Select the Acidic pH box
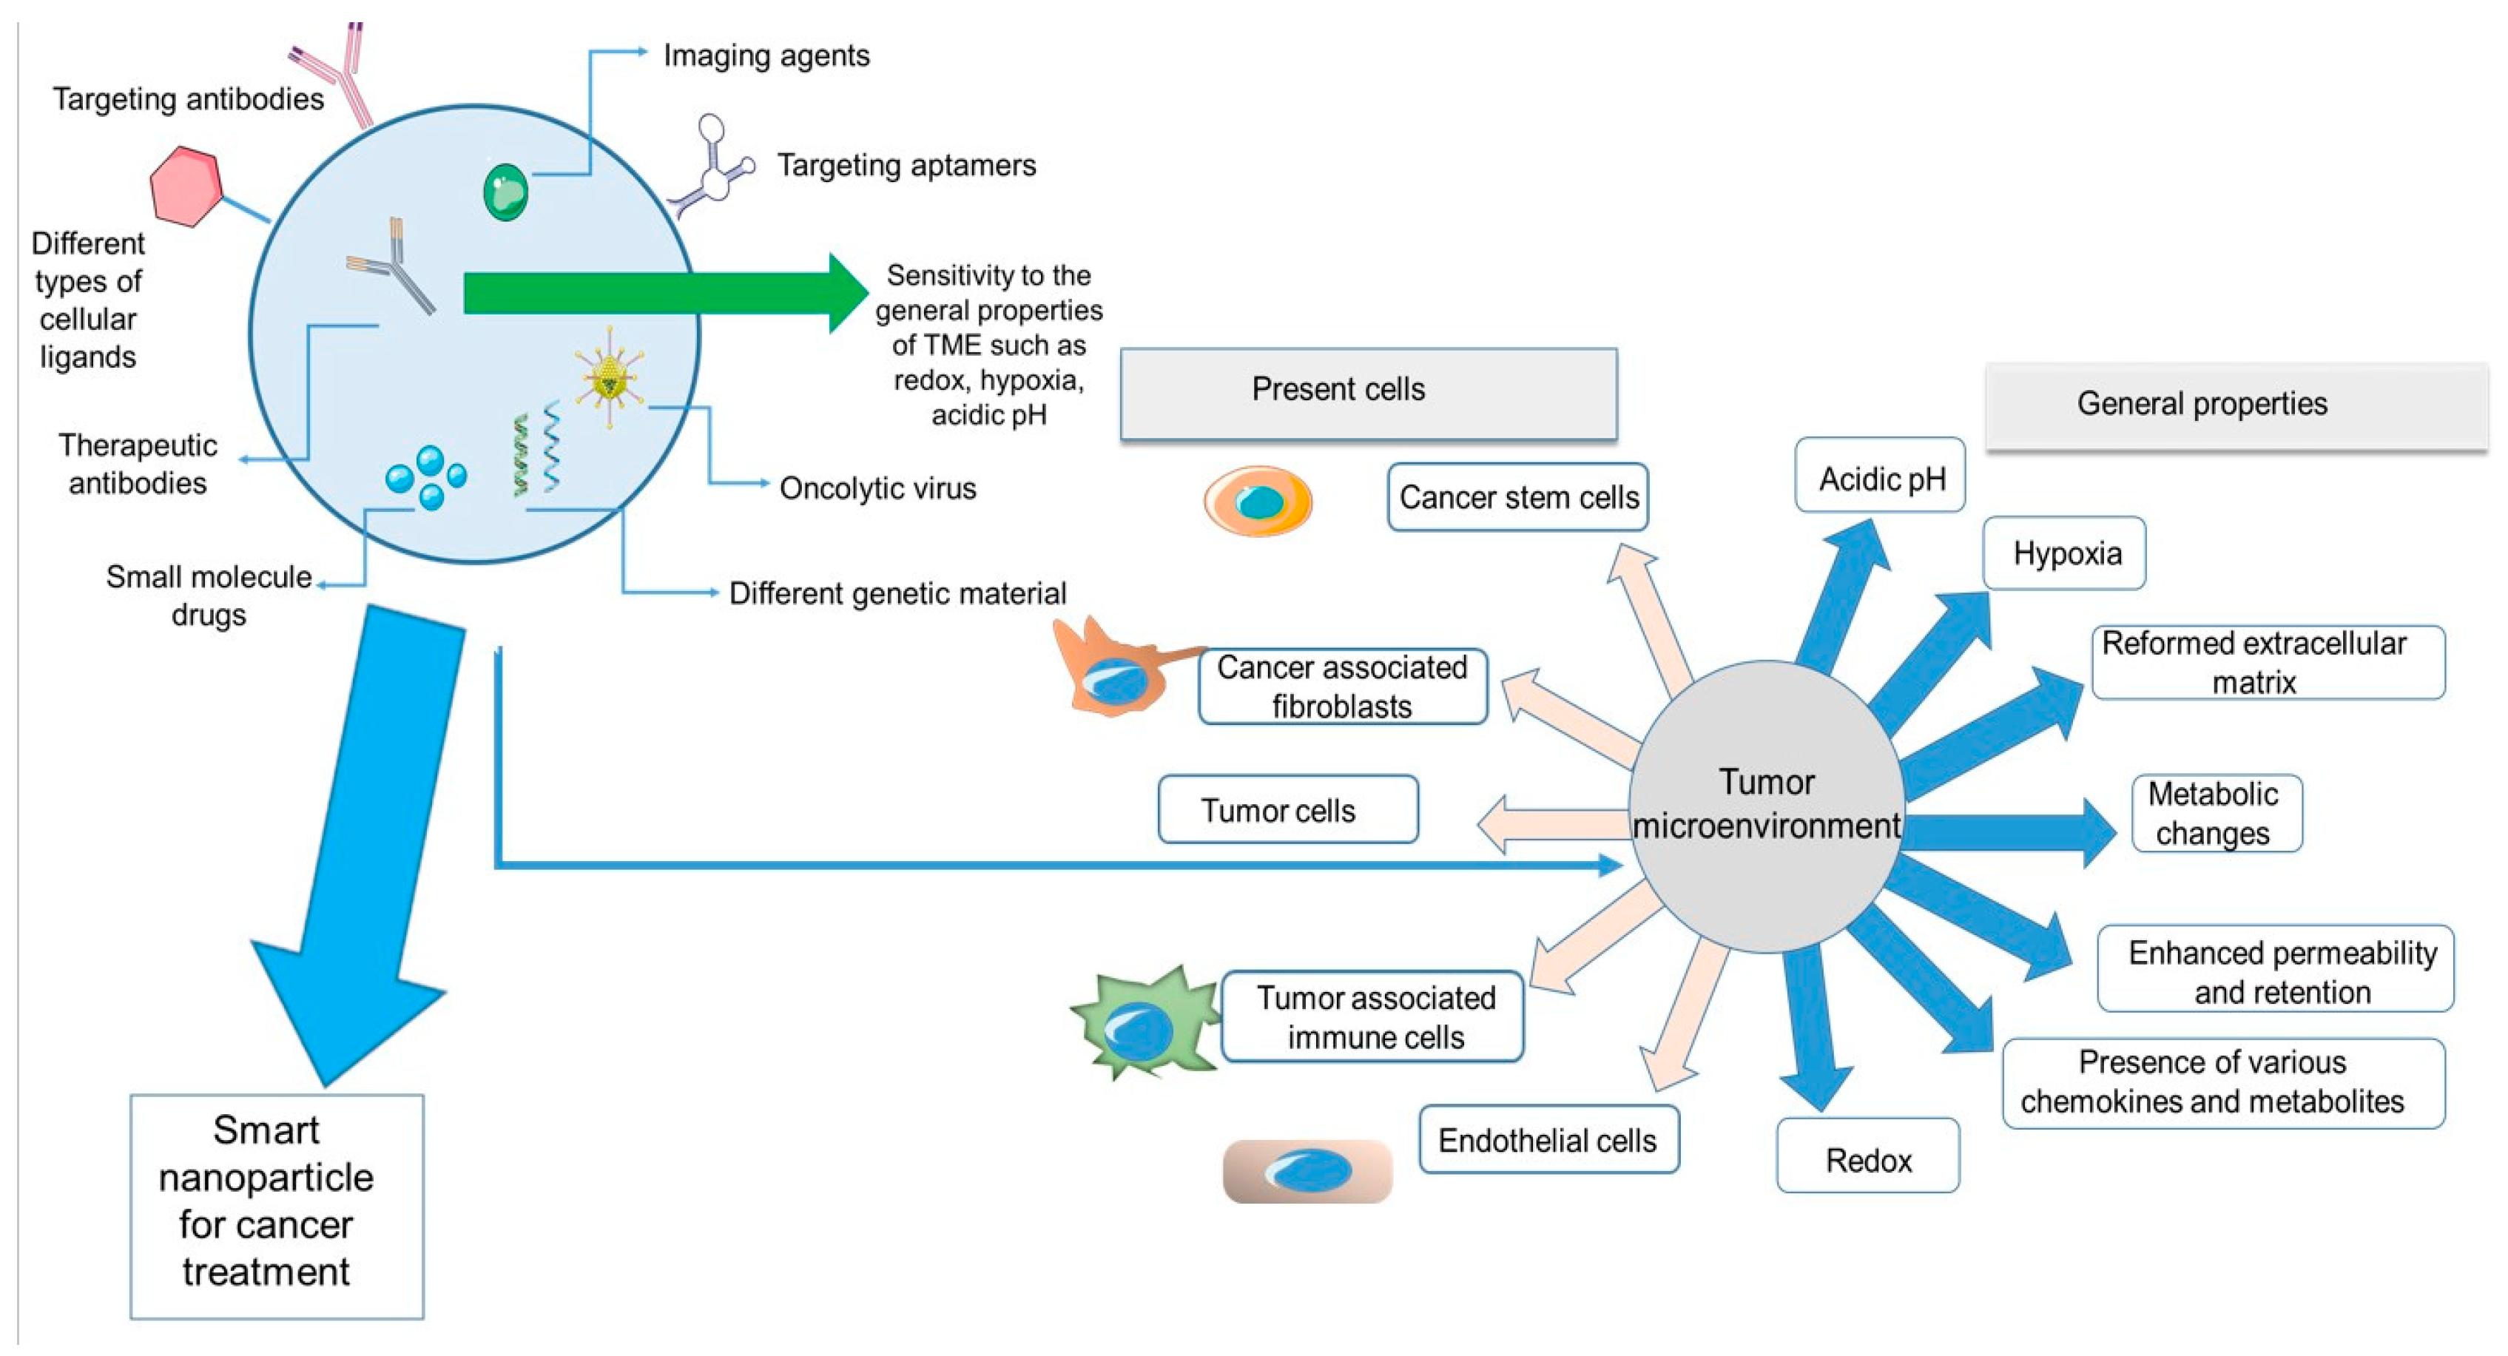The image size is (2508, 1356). coord(1880,476)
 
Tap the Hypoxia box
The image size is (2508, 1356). coord(2064,553)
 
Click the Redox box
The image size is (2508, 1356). coord(1867,1156)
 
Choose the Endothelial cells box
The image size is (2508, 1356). coord(1548,1139)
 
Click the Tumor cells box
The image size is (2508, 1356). coord(1287,809)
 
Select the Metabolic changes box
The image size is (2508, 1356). coord(2216,813)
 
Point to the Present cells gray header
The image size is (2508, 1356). coord(1368,392)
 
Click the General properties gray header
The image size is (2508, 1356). coord(2236,405)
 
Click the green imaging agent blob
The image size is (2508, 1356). coord(506,192)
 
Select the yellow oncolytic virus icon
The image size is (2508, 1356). coord(610,377)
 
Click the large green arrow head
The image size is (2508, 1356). coord(845,292)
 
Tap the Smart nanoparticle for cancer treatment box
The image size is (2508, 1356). coord(277,1205)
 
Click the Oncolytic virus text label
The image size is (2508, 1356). coord(877,488)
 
